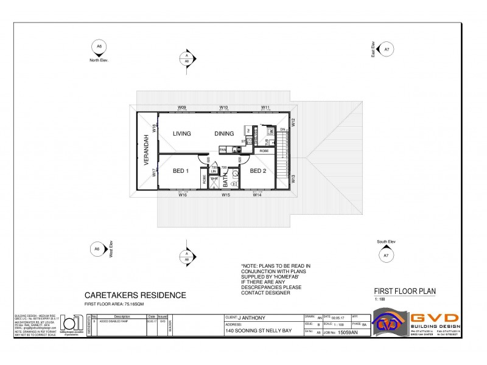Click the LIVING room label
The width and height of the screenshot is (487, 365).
182,134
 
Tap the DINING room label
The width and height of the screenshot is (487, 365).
224,134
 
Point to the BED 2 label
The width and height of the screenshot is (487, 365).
258,170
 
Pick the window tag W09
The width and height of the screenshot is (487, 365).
181,107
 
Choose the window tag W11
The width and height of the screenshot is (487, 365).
265,107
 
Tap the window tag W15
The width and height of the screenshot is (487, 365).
225,195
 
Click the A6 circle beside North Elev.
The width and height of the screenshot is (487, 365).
99,46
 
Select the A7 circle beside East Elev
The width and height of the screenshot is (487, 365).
386,48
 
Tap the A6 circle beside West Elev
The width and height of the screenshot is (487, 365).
96,249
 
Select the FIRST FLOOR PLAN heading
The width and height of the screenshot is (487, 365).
404,291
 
